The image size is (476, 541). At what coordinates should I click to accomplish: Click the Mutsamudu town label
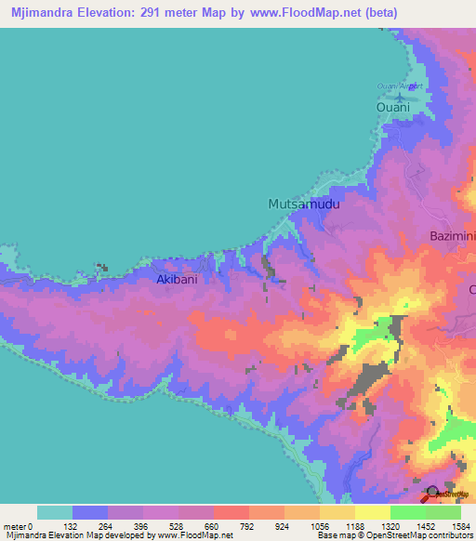[300, 204]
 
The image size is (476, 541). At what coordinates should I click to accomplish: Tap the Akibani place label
[177, 278]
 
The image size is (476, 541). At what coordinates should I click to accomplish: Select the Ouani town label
[392, 109]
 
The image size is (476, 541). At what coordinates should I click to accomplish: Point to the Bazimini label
[452, 236]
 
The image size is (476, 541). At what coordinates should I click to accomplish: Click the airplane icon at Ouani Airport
[401, 96]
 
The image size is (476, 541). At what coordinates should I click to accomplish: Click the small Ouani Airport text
[399, 86]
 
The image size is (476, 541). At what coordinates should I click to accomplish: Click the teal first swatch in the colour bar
[55, 512]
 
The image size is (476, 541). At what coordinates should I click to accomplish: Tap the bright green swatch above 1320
[408, 512]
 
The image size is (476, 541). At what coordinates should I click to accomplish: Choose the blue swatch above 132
[90, 512]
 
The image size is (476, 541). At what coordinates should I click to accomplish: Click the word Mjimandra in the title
[44, 13]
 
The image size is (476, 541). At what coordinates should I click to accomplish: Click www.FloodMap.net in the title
[300, 13]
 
